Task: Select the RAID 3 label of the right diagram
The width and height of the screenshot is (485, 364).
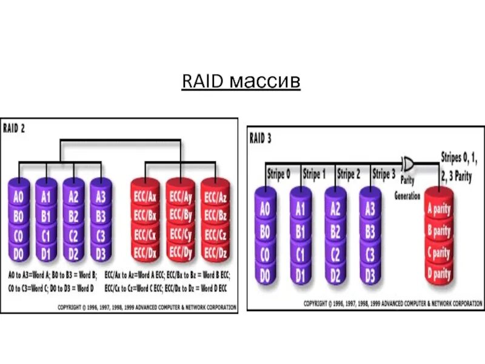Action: tap(260, 138)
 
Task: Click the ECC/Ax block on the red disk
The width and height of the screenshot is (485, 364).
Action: tap(145, 197)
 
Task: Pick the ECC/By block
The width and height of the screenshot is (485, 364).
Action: tap(180, 215)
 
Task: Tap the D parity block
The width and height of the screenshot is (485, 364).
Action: tap(438, 273)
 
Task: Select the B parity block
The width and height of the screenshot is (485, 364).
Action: tap(438, 232)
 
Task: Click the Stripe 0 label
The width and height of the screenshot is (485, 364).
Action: tap(279, 174)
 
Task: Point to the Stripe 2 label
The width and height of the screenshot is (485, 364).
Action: tap(349, 174)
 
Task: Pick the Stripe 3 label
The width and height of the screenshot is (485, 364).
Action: tap(384, 174)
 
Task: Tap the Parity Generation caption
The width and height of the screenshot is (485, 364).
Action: tap(407, 189)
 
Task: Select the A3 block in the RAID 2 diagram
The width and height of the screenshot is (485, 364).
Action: tap(101, 198)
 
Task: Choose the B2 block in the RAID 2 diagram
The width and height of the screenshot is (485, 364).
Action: tap(73, 215)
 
